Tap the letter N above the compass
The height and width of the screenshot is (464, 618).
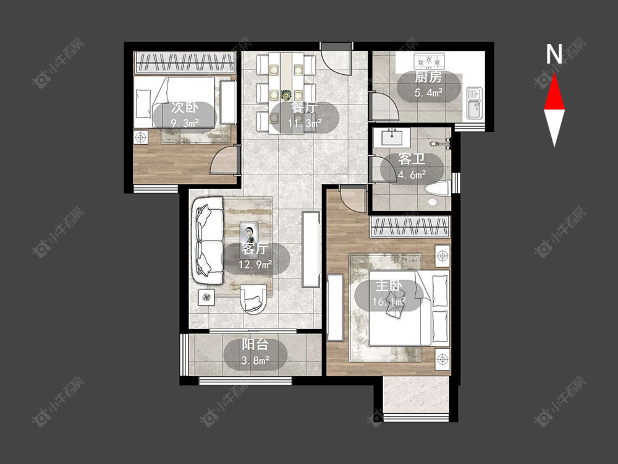[554, 54]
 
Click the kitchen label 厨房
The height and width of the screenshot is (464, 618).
[428, 77]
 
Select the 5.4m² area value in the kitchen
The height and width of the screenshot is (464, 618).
[428, 93]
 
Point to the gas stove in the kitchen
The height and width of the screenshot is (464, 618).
[428, 61]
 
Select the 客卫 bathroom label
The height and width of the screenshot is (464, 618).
[412, 159]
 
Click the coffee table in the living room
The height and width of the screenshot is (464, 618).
[249, 234]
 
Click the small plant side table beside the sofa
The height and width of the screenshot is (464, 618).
[206, 297]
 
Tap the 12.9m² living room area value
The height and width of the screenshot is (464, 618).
[255, 264]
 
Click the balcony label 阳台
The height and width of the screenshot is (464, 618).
[255, 345]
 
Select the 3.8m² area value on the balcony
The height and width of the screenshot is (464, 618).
[255, 360]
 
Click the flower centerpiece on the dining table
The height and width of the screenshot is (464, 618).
[286, 95]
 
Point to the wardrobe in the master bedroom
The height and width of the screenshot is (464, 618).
[410, 226]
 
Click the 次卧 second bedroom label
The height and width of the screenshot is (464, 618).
[184, 108]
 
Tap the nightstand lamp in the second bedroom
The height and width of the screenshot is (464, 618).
[140, 138]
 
